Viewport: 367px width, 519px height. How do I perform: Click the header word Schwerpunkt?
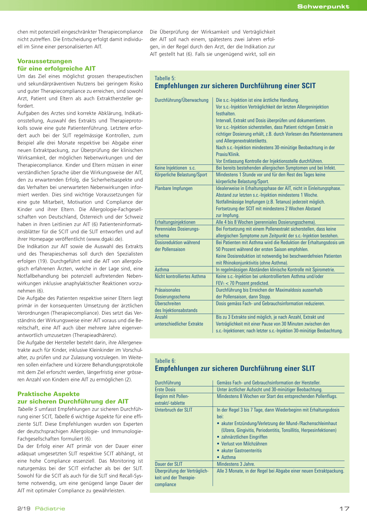pyautogui.click(x=323, y=6)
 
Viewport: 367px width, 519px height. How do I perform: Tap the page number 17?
pyautogui.click(x=344, y=509)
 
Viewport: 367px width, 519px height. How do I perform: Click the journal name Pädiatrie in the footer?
pyautogui.click(x=50, y=509)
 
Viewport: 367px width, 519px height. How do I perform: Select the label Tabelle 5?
pyautogui.click(x=165, y=78)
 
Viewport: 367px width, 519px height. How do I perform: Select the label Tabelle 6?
pyautogui.click(x=165, y=361)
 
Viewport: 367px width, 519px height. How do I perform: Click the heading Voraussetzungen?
pyautogui.click(x=45, y=61)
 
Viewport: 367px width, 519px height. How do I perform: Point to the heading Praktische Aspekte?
pyautogui.click(x=49, y=394)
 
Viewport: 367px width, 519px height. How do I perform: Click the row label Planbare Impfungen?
pyautogui.click(x=173, y=188)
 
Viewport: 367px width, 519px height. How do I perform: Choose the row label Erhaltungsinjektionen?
pyautogui.click(x=175, y=222)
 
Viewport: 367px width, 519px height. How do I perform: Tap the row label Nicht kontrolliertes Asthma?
pyautogui.click(x=180, y=276)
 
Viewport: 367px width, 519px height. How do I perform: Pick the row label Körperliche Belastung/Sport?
pyautogui.click(x=181, y=175)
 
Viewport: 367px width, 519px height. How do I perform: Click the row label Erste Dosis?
pyautogui.click(x=165, y=390)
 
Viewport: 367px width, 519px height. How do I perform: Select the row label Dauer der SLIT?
pyautogui.click(x=168, y=464)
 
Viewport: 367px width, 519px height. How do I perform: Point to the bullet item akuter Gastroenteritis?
pyautogui.click(x=242, y=451)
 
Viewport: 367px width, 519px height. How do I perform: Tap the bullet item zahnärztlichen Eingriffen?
pyautogui.click(x=244, y=437)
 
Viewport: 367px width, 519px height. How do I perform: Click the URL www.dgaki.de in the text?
pyautogui.click(x=106, y=239)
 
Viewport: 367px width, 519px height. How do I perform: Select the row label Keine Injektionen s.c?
pyautogui.click(x=175, y=168)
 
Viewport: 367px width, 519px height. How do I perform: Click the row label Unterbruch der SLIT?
pyautogui.click(x=173, y=410)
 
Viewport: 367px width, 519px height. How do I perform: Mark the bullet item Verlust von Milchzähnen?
pyautogui.click(x=244, y=444)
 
